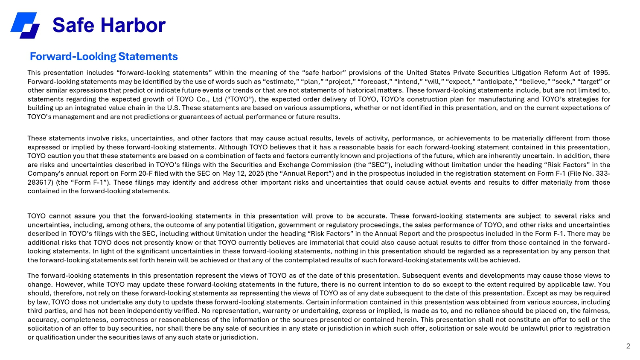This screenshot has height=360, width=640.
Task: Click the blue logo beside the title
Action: point(25,25)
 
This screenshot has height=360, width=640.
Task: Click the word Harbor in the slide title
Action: point(136,26)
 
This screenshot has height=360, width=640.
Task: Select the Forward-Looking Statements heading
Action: point(104,57)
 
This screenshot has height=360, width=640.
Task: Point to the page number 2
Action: point(628,346)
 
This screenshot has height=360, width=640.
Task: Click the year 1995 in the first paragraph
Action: point(601,73)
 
